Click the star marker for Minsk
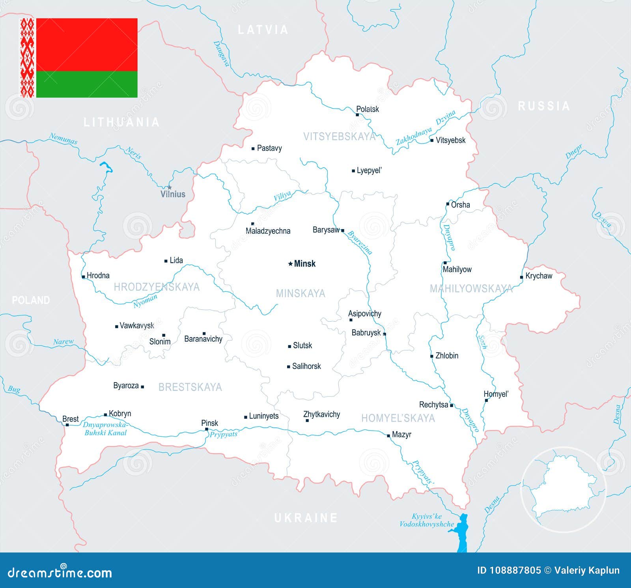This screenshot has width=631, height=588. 291,263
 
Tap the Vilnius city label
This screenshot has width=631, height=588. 173,194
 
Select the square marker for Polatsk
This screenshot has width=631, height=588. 357,115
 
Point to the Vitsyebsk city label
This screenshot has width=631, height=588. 450,140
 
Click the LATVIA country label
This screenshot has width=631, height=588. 263,30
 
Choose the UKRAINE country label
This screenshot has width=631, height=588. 306,517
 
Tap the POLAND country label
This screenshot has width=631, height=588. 31,300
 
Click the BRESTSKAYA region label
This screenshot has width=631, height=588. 190,387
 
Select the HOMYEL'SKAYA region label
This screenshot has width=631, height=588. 398,418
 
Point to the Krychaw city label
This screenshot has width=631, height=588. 539,276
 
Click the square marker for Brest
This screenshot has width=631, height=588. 67,425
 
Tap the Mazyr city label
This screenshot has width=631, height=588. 401,434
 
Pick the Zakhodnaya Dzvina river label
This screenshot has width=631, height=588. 426,128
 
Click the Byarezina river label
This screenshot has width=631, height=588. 360,243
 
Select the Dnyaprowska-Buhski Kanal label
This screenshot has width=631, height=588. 105,429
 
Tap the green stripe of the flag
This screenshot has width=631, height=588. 87,84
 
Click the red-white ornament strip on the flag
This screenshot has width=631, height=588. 28,58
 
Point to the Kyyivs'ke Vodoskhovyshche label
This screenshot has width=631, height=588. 427,520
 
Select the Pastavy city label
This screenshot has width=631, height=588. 269,148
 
